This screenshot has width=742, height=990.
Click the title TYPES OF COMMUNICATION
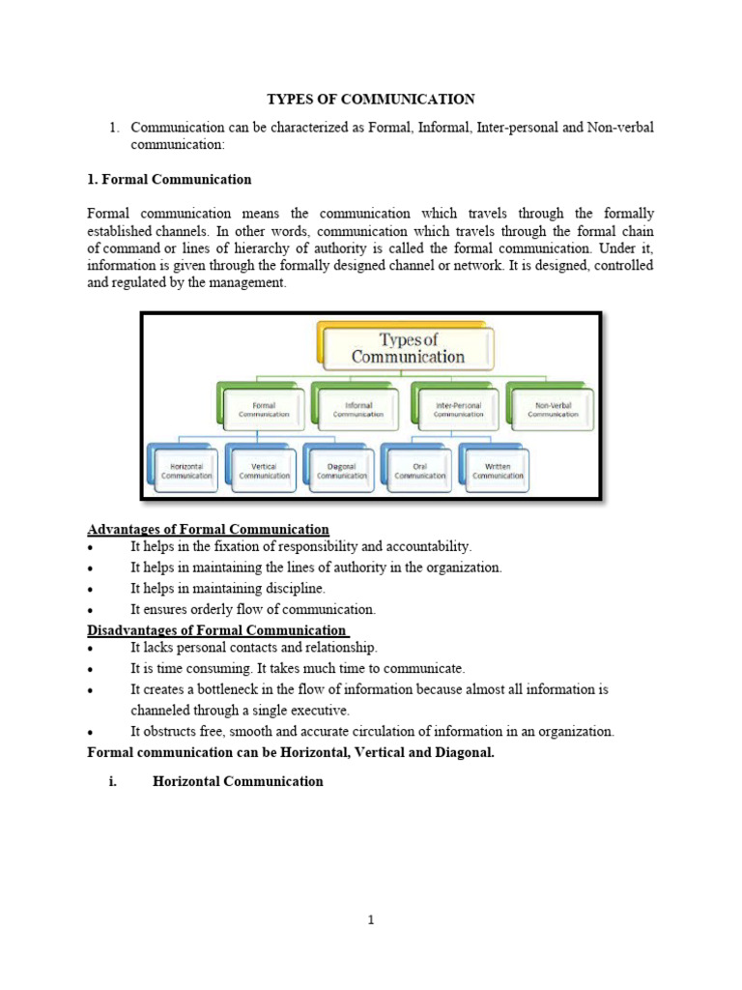click(370, 99)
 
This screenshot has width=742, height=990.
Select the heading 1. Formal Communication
click(169, 179)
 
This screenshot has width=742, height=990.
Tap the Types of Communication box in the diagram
click(408, 348)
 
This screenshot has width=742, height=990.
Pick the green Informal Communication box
click(357, 409)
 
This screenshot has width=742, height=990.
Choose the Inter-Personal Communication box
click(458, 409)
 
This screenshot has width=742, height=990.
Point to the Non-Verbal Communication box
click(553, 409)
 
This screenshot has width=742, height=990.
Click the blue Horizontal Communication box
click(185, 470)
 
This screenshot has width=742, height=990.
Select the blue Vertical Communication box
click(264, 470)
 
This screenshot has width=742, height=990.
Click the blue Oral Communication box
click(419, 470)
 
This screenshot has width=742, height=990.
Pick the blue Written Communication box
click(498, 470)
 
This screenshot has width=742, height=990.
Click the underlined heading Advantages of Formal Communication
click(208, 530)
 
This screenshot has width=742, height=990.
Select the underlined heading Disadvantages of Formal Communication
click(216, 631)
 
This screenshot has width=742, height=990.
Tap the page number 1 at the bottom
click(370, 920)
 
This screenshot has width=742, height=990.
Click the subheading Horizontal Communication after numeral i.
click(238, 781)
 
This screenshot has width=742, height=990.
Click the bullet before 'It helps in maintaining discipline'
click(90, 589)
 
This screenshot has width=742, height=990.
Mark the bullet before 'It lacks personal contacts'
click(90, 649)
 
